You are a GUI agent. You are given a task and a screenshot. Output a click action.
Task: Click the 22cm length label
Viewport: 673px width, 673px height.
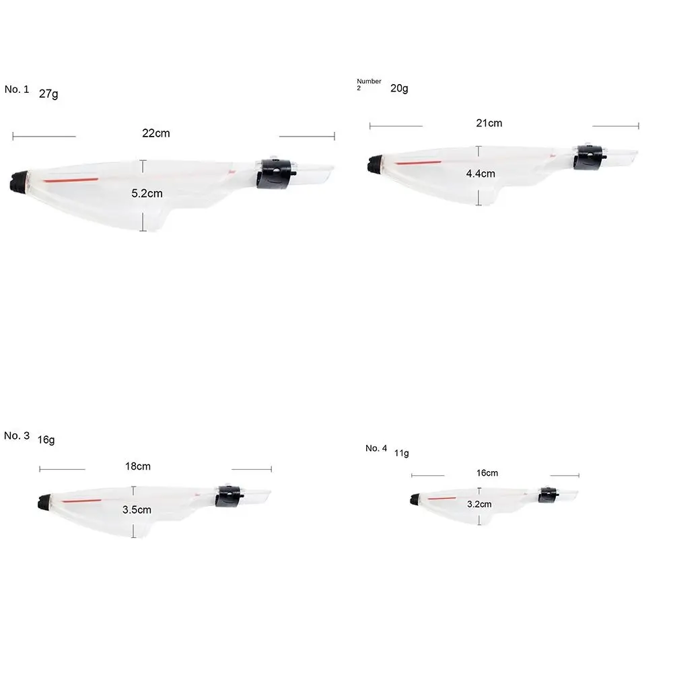tap(156, 133)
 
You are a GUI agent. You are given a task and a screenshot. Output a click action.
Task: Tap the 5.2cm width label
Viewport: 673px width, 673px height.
tap(147, 194)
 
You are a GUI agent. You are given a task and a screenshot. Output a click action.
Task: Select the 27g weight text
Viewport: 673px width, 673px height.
tap(48, 94)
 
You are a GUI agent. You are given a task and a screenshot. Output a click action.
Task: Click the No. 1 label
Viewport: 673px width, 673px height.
tap(17, 90)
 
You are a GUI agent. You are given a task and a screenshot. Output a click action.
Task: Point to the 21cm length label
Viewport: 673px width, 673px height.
tap(489, 123)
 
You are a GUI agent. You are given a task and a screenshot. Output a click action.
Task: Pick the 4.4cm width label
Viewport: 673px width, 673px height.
tap(481, 174)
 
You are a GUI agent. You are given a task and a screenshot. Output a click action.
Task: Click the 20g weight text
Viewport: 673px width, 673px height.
tap(399, 88)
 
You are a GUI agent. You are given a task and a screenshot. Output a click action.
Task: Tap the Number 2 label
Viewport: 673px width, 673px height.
tap(369, 84)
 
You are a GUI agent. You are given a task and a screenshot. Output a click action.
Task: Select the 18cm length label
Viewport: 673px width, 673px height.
tap(138, 466)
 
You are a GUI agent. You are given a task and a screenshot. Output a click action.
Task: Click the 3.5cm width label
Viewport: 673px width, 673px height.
tap(137, 510)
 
